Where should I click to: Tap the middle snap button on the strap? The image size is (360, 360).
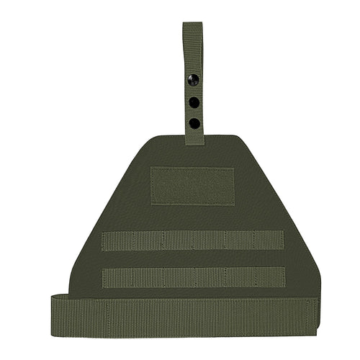click(x=194, y=102)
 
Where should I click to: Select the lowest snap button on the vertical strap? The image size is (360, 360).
click(x=194, y=123)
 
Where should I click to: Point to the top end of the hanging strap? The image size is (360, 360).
click(x=192, y=24)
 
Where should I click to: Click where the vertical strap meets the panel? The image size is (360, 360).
click(x=194, y=141)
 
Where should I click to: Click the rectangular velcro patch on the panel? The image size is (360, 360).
click(x=192, y=186)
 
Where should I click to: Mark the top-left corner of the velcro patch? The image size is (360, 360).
click(x=150, y=168)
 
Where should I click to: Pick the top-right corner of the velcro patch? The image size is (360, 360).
click(x=235, y=168)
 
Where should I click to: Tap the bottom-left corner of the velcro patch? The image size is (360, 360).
click(x=150, y=204)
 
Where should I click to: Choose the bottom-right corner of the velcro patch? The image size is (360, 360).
click(x=235, y=204)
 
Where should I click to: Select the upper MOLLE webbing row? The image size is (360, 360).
click(x=192, y=240)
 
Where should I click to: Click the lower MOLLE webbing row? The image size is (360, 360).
click(x=192, y=277)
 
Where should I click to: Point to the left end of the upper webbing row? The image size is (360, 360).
click(x=103, y=240)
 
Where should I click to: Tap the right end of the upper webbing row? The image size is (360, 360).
click(x=284, y=240)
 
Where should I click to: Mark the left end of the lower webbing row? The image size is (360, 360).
click(x=103, y=277)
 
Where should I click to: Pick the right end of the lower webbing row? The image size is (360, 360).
click(x=284, y=277)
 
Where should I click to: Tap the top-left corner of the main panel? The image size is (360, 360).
click(x=153, y=137)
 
